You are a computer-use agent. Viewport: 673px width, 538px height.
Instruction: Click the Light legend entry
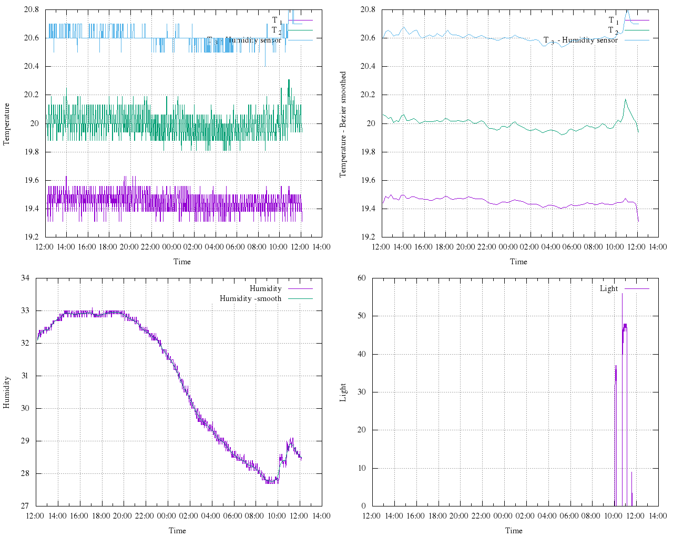click(x=609, y=288)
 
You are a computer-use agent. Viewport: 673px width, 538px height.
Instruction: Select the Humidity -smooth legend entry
click(x=250, y=298)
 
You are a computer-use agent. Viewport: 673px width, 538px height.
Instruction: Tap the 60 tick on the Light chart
click(x=361, y=278)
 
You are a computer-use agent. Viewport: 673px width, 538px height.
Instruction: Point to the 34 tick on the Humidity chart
click(x=25, y=278)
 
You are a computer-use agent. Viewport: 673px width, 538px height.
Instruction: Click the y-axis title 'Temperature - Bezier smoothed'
click(x=343, y=125)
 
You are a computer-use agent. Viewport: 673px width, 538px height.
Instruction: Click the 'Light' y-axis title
click(x=343, y=392)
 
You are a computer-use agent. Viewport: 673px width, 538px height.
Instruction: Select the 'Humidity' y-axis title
click(x=6, y=392)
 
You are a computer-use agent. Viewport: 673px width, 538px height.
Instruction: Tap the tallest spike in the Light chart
click(x=622, y=294)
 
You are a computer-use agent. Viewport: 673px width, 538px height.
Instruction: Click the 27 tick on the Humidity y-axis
click(x=25, y=506)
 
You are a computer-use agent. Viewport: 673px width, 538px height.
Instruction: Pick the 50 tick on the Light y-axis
click(x=361, y=316)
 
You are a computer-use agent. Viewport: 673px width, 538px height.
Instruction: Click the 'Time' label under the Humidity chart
click(x=177, y=530)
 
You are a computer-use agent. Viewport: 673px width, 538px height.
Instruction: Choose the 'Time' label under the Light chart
click(x=514, y=530)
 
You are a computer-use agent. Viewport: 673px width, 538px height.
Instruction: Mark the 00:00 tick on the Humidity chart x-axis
click(x=167, y=515)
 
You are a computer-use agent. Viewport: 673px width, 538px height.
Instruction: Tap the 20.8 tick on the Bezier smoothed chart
click(x=368, y=9)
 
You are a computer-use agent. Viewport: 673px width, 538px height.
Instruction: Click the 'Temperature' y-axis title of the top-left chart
click(x=6, y=124)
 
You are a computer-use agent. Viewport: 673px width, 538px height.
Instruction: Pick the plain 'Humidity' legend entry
click(x=266, y=288)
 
